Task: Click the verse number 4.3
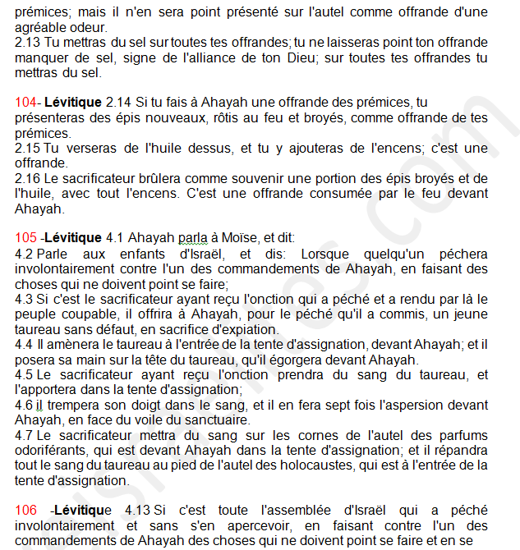point(24,300)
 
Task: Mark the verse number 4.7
point(24,435)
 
